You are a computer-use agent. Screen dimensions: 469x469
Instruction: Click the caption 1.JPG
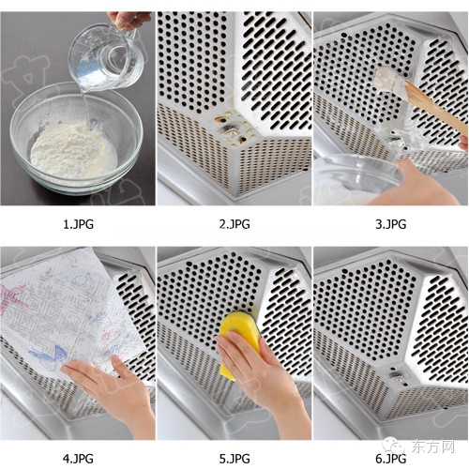click(x=78, y=224)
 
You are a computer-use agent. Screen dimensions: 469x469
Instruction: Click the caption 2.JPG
click(x=234, y=224)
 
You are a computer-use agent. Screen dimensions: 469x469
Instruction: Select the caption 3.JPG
click(x=391, y=224)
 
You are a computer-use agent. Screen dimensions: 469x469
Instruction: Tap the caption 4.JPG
click(x=78, y=459)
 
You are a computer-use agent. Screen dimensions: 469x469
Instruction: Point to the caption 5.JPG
click(x=234, y=459)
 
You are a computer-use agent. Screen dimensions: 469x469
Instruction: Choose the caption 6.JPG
click(x=391, y=459)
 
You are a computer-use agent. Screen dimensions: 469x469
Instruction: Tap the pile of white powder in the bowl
click(x=73, y=150)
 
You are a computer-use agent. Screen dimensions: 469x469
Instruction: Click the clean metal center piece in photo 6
click(x=398, y=378)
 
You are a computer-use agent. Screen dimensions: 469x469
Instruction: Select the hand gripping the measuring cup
click(x=129, y=21)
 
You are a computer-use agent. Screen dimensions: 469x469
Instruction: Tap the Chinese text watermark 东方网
click(x=433, y=446)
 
